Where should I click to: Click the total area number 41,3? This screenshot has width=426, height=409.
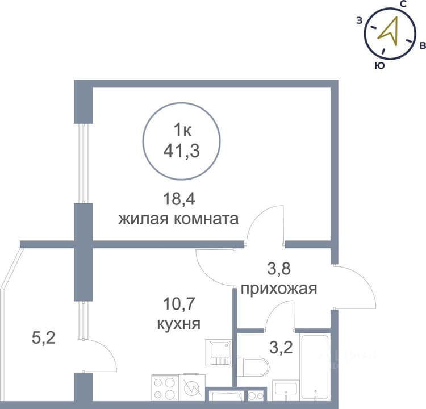(182, 151)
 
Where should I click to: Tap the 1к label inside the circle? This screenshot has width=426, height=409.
(182, 131)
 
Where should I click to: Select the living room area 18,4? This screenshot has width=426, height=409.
(179, 199)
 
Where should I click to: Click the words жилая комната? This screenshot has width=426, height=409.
(178, 219)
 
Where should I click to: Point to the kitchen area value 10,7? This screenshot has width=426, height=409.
(179, 303)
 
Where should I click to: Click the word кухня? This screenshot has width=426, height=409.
(179, 324)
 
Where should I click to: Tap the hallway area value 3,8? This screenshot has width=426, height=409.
(279, 269)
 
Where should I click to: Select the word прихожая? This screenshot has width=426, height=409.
(279, 289)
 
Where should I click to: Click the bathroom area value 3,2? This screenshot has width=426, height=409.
(281, 348)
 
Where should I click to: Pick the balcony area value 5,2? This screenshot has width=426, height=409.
(44, 338)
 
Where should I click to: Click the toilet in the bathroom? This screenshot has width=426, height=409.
(253, 367)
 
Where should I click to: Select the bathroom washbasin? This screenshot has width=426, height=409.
(286, 390)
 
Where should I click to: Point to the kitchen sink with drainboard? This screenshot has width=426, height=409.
(219, 352)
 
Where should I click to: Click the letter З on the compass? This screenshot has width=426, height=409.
(360, 20)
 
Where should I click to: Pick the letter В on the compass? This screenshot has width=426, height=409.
(423, 45)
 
